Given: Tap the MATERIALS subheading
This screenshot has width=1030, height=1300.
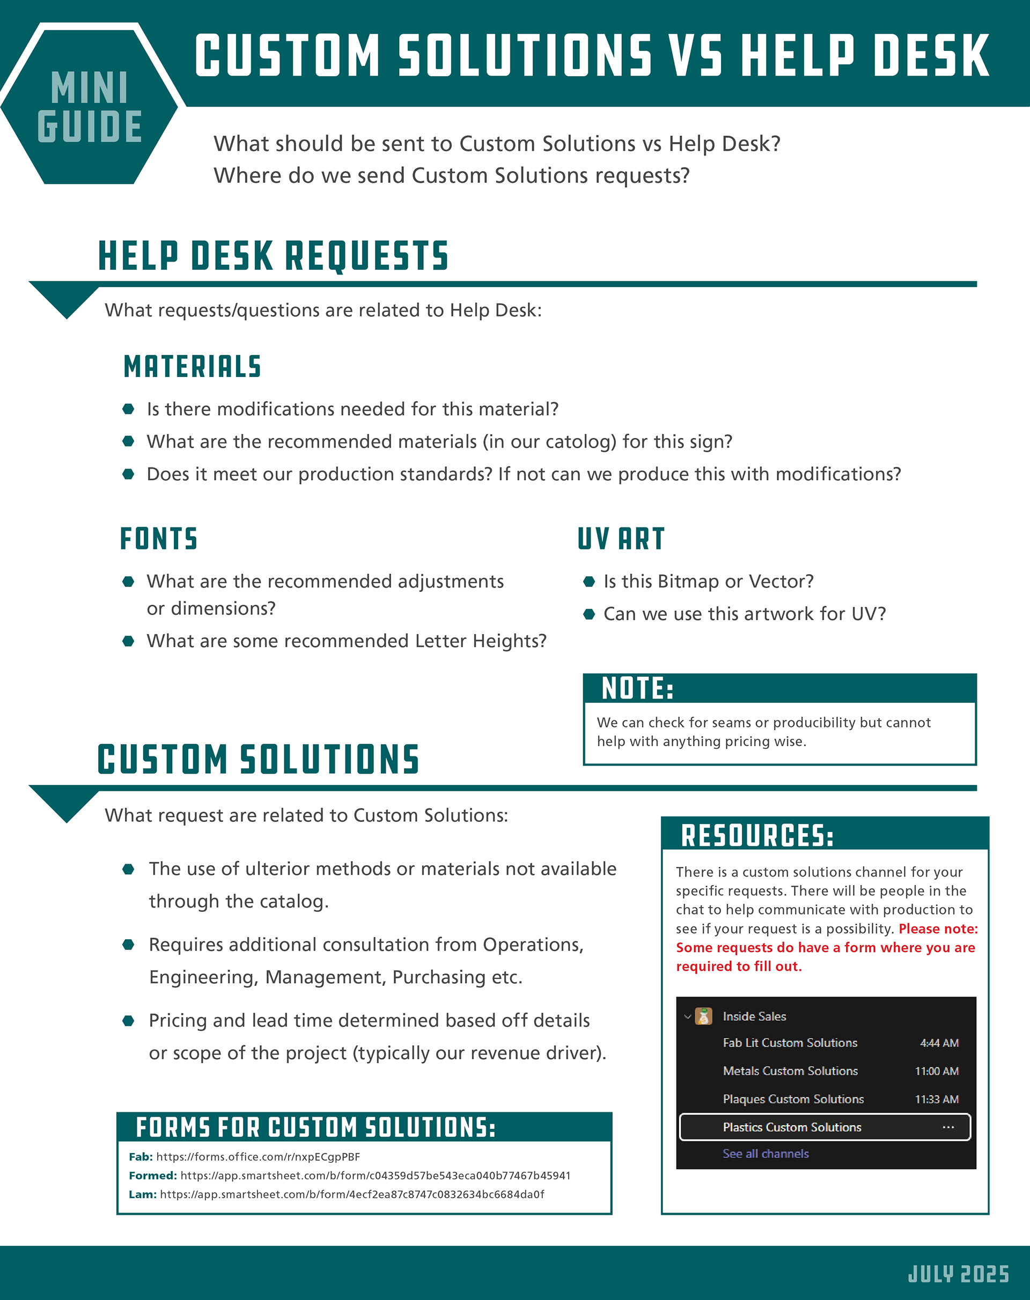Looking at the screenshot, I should [192, 367].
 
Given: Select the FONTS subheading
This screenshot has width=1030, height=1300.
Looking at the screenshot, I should [159, 538].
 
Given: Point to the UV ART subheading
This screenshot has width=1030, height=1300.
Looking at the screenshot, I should [621, 538].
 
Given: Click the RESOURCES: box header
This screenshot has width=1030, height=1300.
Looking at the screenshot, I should [757, 835].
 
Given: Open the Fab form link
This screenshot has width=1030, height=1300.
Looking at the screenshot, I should [257, 1156].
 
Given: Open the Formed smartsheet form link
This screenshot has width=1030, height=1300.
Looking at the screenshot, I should [374, 1175].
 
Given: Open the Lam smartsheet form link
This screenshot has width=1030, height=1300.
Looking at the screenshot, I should [351, 1194].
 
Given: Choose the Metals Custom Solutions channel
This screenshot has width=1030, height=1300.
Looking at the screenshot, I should [790, 1071].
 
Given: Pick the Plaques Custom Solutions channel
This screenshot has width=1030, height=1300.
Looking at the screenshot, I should [793, 1099].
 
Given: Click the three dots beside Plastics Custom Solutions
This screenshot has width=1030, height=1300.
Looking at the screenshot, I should [948, 1127].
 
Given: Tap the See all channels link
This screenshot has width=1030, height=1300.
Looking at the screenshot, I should [766, 1154].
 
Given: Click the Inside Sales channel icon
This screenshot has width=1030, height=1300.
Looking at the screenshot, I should [703, 1016].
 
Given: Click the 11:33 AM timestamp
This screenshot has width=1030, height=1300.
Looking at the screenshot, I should [937, 1100].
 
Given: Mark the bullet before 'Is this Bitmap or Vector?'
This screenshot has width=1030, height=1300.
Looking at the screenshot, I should [589, 582].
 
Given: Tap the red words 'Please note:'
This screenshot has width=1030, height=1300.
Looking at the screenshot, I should [938, 928].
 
